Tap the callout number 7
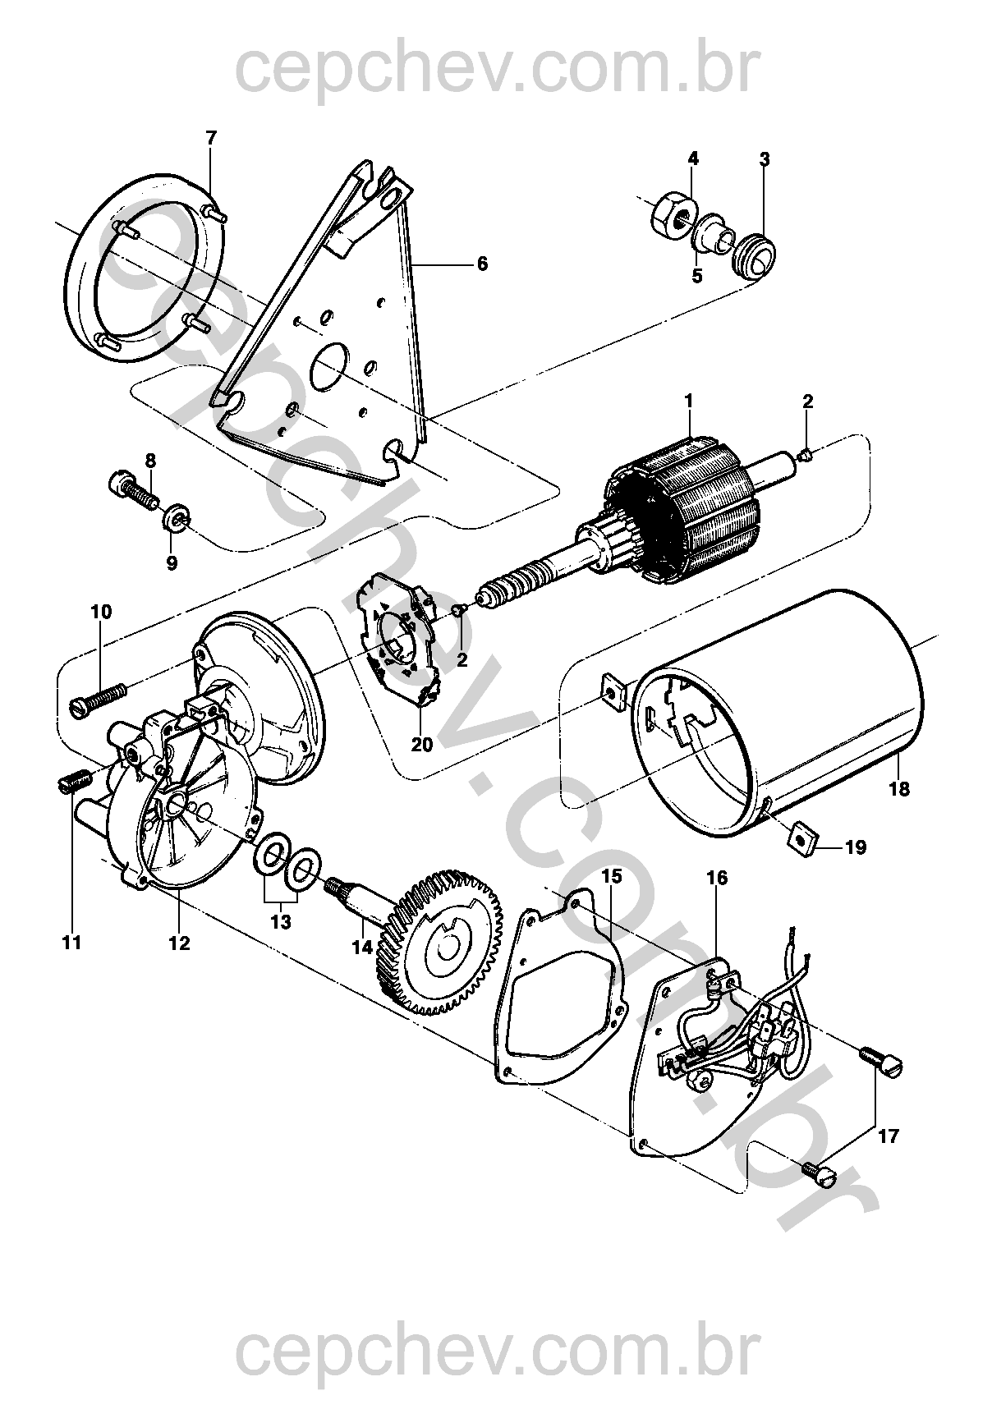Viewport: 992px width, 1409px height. pos(211,137)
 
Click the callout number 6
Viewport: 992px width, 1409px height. pos(482,264)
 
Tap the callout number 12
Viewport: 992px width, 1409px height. pos(179,943)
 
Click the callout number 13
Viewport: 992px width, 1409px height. pos(281,922)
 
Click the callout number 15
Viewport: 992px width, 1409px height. pos(611,876)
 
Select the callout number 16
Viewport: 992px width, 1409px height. pos(717,878)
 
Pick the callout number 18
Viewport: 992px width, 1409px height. pos(899,789)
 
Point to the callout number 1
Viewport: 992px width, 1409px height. pos(689,402)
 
